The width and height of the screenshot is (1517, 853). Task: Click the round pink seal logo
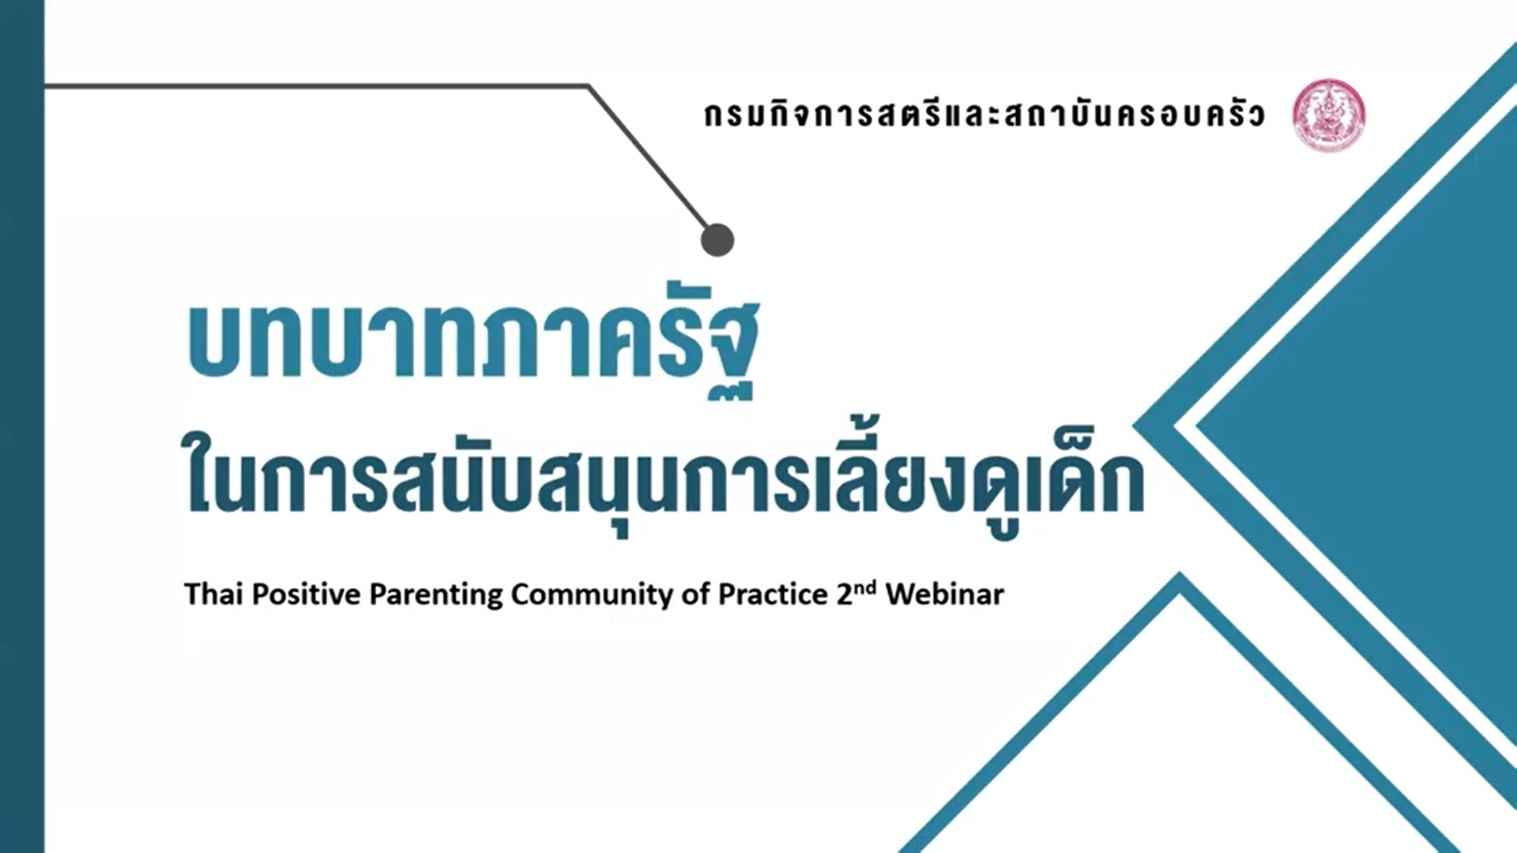point(1329,115)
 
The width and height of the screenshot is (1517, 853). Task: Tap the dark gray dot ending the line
point(717,240)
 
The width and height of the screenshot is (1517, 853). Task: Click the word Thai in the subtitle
point(213,594)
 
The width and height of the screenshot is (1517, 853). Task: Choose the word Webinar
point(945,594)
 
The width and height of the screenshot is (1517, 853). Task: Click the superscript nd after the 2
point(866,588)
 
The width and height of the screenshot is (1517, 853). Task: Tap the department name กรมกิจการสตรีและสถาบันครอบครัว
point(984,115)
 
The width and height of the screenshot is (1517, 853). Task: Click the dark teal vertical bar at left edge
point(22,426)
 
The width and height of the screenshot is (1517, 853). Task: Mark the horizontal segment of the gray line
point(316,85)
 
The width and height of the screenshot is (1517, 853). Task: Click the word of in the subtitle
point(695,594)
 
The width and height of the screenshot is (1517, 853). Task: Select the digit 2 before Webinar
point(845,595)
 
